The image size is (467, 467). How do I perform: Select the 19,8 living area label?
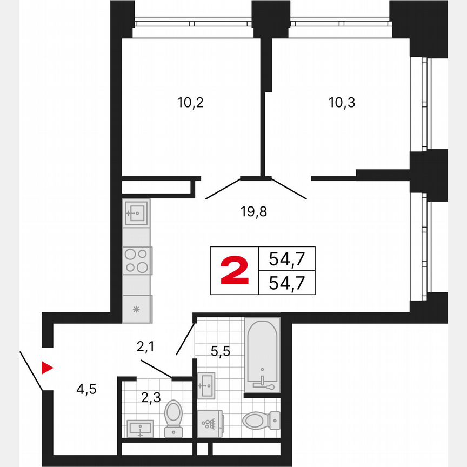coord(255,211)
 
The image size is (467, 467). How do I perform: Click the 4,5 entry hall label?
coord(85,389)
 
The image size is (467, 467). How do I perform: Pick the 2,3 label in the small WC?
coord(151,398)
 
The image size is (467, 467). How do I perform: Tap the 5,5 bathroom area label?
coord(221,351)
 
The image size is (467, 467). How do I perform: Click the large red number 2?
coord(235,271)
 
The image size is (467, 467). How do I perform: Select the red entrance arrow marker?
coord(48,368)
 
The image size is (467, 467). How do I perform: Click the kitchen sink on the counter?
coord(135,213)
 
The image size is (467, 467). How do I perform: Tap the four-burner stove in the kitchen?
coord(136,261)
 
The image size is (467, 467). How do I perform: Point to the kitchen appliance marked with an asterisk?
coord(136,309)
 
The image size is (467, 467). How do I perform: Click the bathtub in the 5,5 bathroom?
coord(262,354)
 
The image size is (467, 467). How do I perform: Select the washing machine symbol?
coord(210,423)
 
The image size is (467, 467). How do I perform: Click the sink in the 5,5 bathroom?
coord(206,385)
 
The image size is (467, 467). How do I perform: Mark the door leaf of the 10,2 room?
coord(223,189)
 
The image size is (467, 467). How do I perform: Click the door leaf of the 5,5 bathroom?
coord(185,339)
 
